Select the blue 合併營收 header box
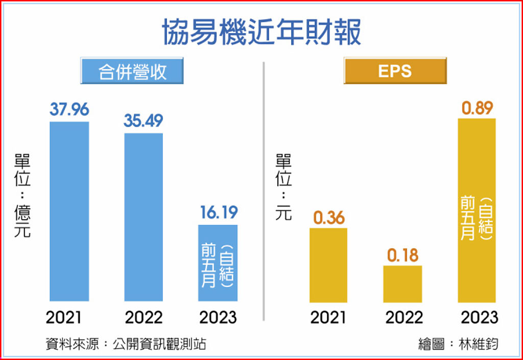point(132,71)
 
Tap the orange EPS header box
point(395,71)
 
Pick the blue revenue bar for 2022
point(144,217)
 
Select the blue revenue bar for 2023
point(218,262)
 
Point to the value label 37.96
point(69,109)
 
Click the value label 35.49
point(144,121)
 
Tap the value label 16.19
point(219,212)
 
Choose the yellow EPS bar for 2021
point(328,265)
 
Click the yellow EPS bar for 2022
point(403,283)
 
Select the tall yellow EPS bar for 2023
point(477,210)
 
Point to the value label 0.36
point(328,218)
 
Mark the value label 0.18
point(403,255)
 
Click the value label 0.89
point(478,108)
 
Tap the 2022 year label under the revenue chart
point(144,317)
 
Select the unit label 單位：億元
point(23,196)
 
